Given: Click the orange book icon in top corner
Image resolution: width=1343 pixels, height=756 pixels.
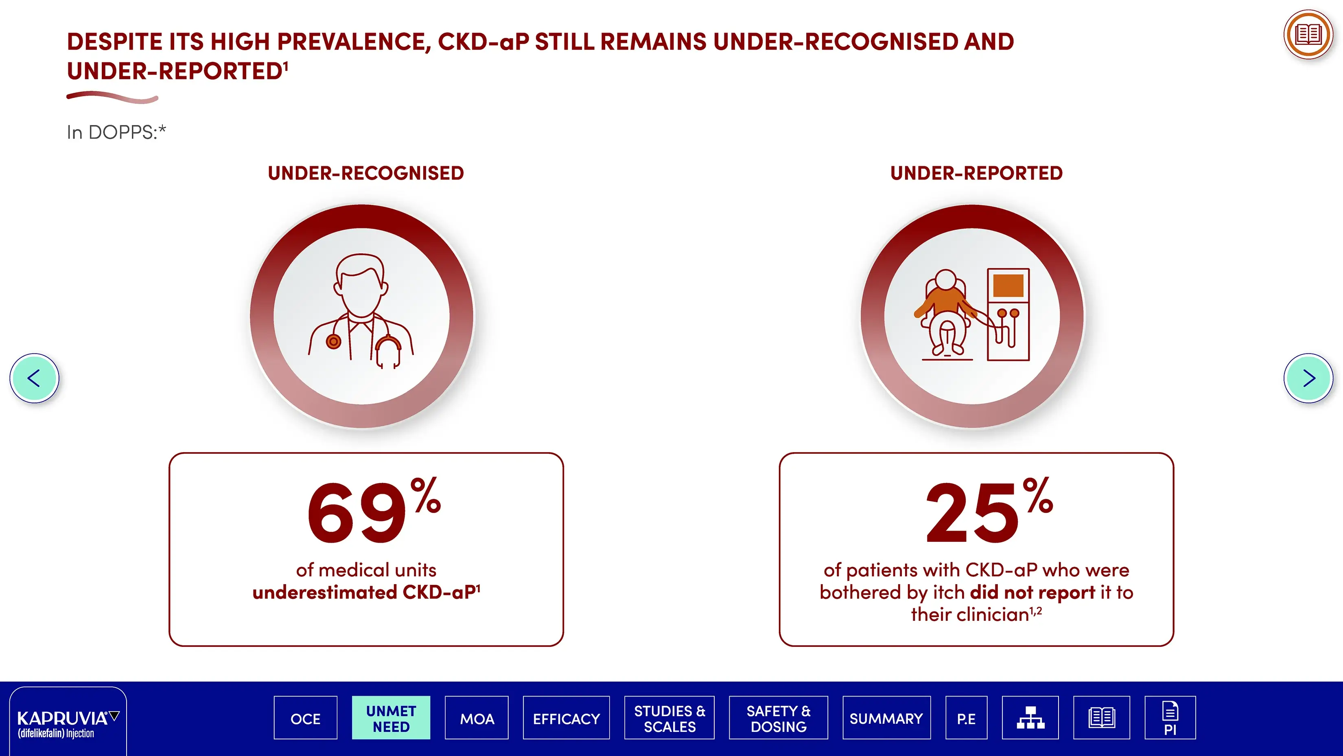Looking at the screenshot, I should coord(1308,35).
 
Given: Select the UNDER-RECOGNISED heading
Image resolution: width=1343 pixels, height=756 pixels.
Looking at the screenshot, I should coord(366,173).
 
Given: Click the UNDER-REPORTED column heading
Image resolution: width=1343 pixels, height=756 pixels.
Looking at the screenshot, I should coord(976,173).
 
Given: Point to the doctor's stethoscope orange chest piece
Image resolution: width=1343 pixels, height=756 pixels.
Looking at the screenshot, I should coord(334,342).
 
